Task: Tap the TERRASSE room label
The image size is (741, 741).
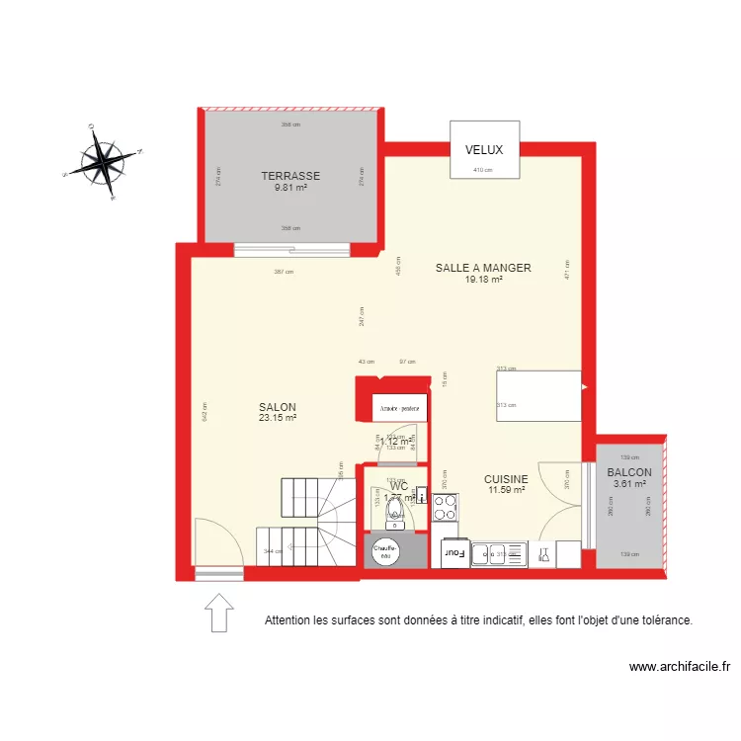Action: pyautogui.click(x=290, y=176)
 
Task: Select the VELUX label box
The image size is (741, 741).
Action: pyautogui.click(x=484, y=150)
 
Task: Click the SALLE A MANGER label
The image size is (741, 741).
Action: pyautogui.click(x=483, y=268)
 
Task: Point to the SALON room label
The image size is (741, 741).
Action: pyautogui.click(x=278, y=407)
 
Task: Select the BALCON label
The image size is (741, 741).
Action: pyautogui.click(x=629, y=472)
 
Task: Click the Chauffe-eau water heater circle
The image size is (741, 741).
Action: pyautogui.click(x=383, y=551)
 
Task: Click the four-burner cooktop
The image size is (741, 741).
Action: pyautogui.click(x=445, y=507)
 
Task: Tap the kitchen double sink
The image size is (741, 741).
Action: pyautogui.click(x=498, y=554)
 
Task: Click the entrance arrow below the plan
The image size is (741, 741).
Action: pyautogui.click(x=218, y=612)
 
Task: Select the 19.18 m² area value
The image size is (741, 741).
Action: pyautogui.click(x=483, y=280)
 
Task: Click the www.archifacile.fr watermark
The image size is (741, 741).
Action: pyautogui.click(x=679, y=667)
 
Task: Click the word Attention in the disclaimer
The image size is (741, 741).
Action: pyautogui.click(x=288, y=620)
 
